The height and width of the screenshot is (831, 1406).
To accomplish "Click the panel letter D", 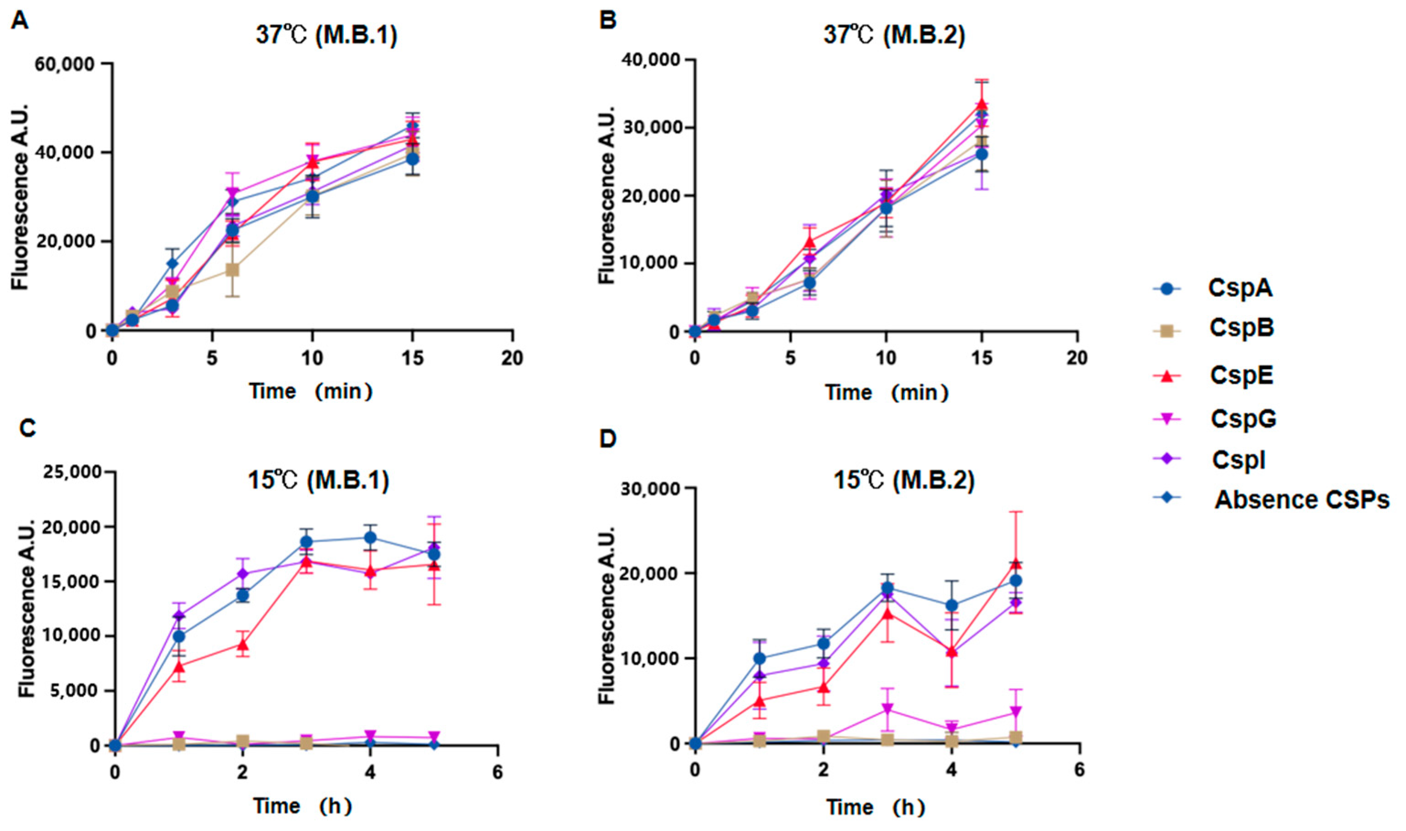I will coord(608,439).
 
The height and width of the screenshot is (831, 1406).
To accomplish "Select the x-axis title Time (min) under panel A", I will coord(311,391).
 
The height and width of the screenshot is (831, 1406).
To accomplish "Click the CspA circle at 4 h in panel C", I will coord(370,538).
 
